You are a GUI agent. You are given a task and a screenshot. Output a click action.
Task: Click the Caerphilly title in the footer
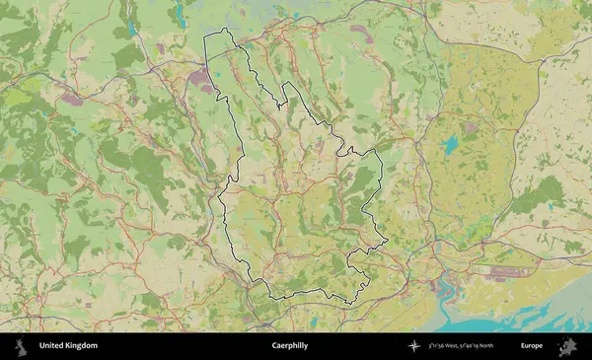pos(288,346)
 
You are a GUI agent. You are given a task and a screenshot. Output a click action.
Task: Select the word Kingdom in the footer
pos(83,346)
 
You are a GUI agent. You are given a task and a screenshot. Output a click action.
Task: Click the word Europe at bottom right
pos(532,346)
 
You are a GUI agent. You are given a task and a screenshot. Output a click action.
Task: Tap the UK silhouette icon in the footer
pos(19,346)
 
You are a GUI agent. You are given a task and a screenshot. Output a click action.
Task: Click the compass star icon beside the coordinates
pos(414,346)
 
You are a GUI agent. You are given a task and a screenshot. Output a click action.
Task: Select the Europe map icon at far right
pos(567,346)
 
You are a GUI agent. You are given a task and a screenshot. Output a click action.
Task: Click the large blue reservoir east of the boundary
pos(450,145)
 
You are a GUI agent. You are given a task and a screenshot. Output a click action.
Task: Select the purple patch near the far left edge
pos(72,99)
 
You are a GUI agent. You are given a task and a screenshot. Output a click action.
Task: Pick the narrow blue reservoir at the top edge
pos(180,13)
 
